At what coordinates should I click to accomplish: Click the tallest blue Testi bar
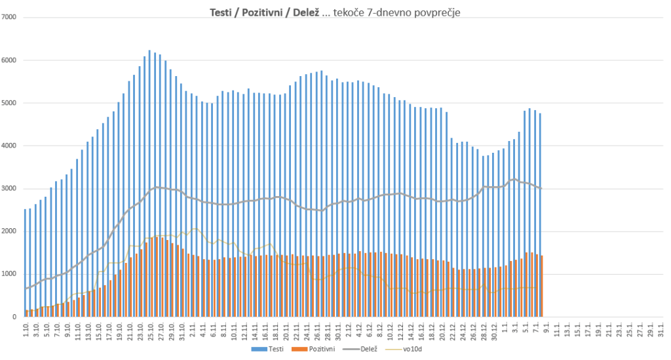pyautogui.click(x=149, y=184)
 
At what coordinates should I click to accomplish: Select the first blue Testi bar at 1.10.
pyautogui.click(x=25, y=262)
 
